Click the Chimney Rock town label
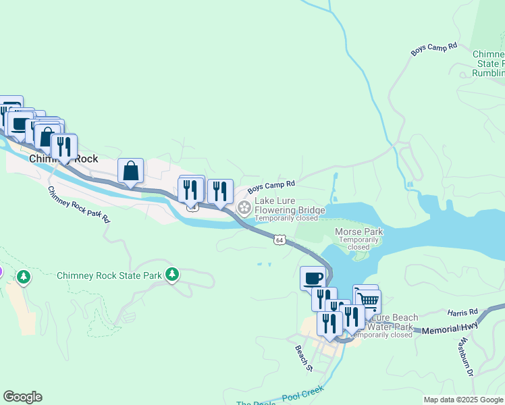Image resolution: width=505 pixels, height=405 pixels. click(x=63, y=159)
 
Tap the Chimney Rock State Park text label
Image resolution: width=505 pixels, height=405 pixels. click(x=109, y=275)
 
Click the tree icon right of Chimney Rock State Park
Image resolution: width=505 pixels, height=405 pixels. click(x=173, y=274)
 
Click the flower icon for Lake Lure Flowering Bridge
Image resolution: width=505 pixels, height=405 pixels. click(x=244, y=206)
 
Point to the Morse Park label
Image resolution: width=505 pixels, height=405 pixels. click(x=358, y=232)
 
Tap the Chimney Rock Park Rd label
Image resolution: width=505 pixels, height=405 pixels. click(x=78, y=205)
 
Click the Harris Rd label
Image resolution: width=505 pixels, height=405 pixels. click(x=462, y=313)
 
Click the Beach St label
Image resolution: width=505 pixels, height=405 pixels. click(x=304, y=358)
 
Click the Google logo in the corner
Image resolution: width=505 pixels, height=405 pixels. click(x=22, y=397)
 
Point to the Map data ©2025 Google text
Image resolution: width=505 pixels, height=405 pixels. click(x=463, y=400)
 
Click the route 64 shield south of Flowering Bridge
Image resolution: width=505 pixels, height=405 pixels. click(x=280, y=240)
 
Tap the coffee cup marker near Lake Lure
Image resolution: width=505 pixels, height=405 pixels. click(x=313, y=278)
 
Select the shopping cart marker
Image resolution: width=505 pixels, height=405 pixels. click(x=368, y=302)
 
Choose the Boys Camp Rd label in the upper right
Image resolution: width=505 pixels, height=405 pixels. click(x=434, y=49)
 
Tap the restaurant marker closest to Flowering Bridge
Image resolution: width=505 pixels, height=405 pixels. click(x=220, y=191)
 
